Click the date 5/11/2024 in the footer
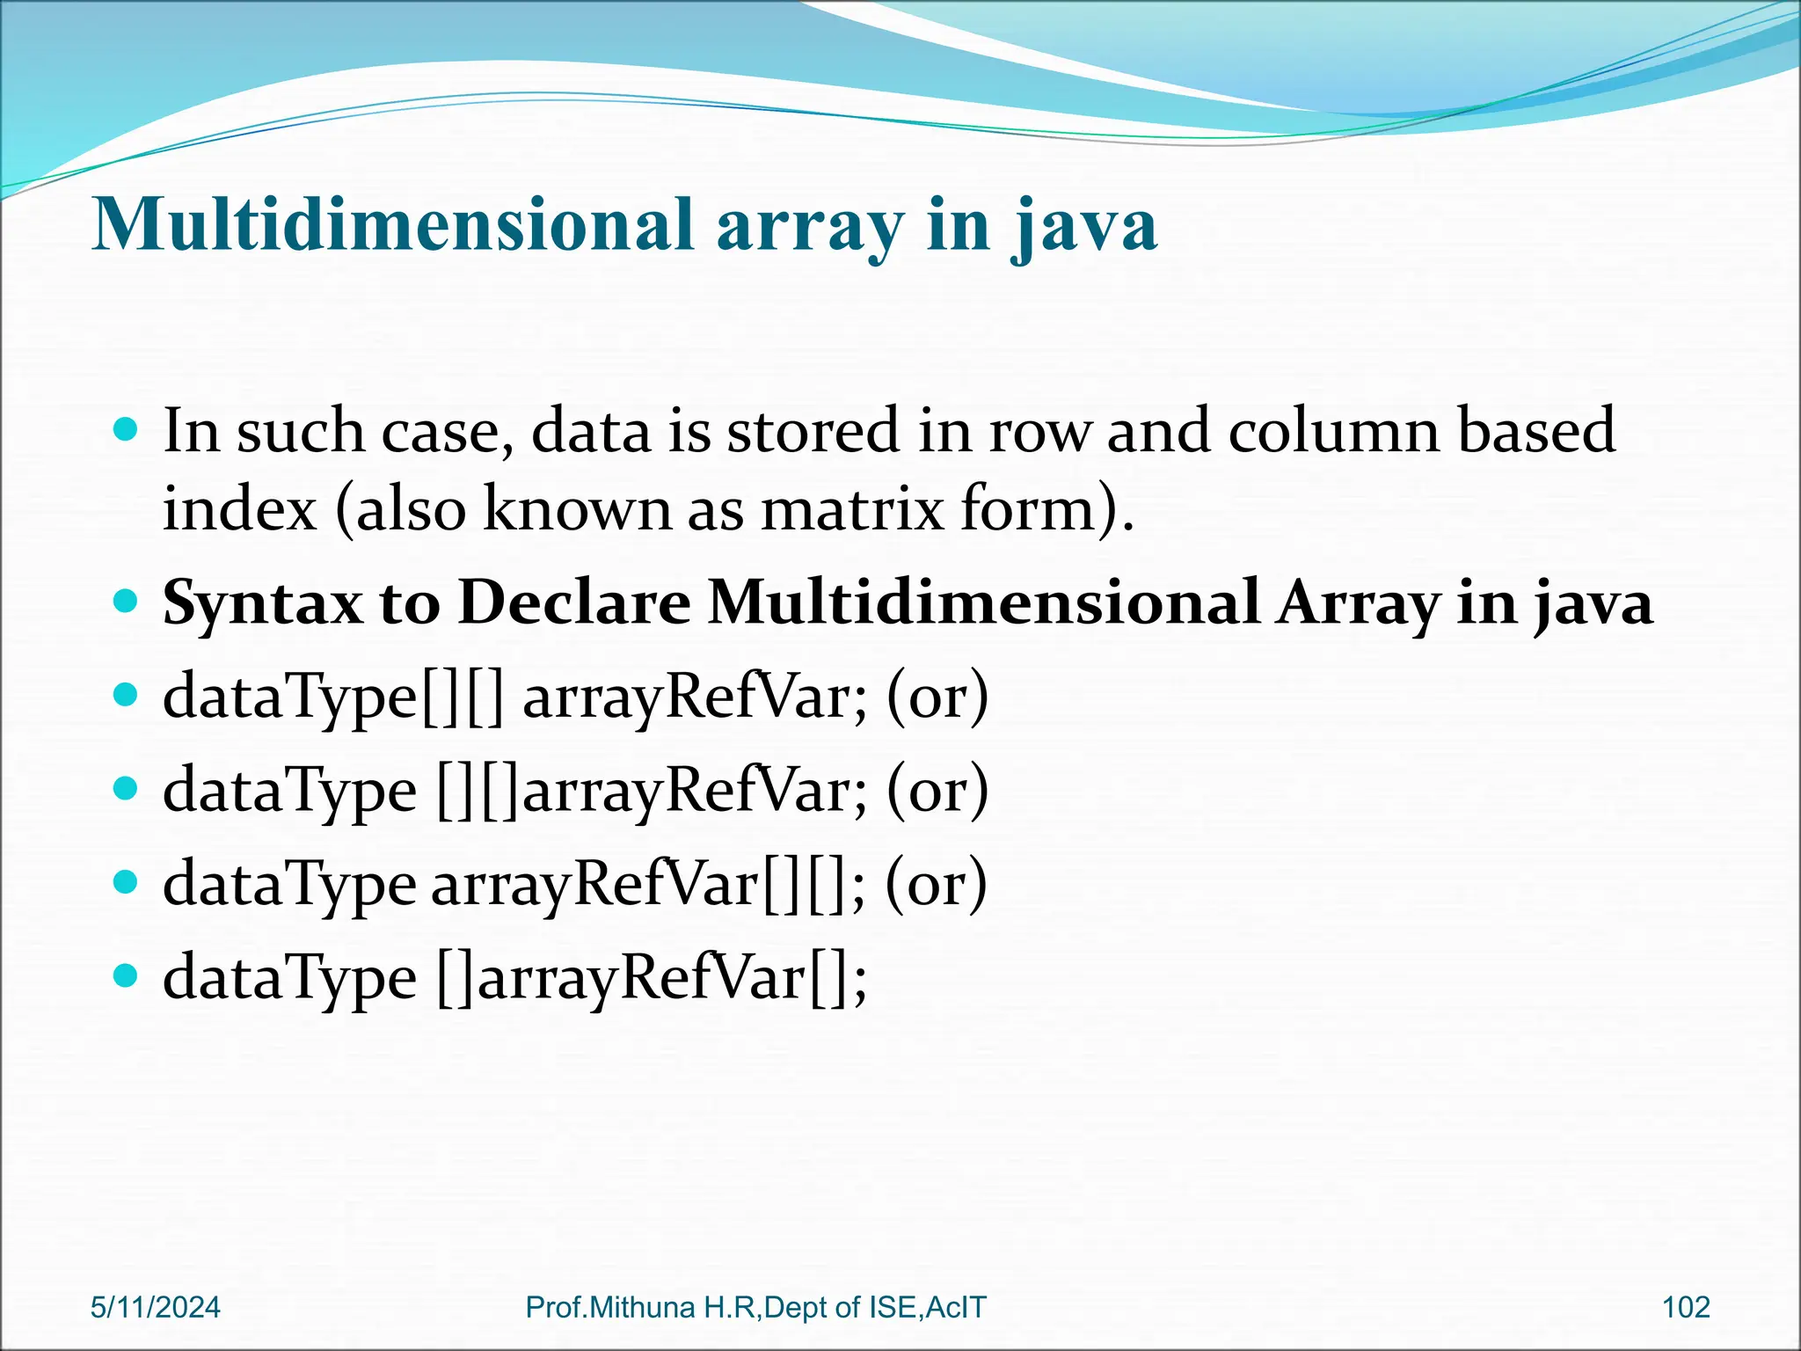[156, 1307]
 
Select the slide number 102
[1686, 1307]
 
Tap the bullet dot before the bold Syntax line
[127, 602]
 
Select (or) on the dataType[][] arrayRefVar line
[937, 697]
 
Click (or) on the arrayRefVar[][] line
[936, 883]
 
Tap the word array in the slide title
[809, 227]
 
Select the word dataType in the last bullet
[289, 978]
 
